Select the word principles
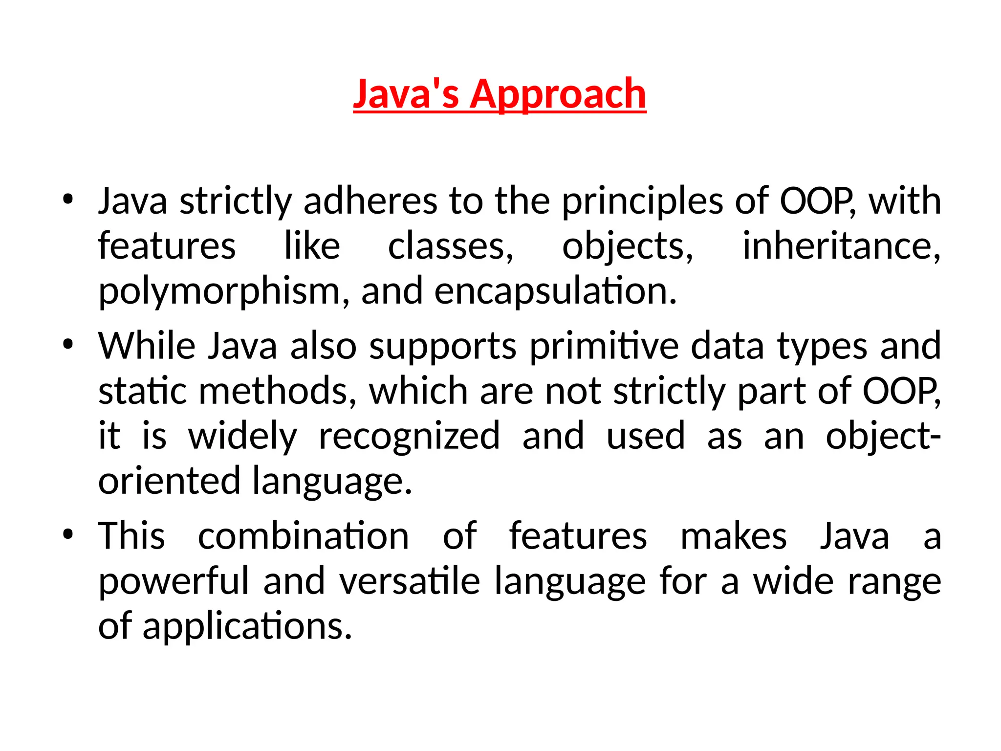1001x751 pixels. point(642,202)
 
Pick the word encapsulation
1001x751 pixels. point(555,292)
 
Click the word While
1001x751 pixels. point(147,346)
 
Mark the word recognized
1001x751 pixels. point(409,436)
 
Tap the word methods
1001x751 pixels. point(277,391)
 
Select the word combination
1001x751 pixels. point(303,536)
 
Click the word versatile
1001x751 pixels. point(410,581)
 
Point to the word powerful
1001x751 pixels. point(174,581)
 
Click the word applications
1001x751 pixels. point(246,627)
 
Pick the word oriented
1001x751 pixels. point(169,481)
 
